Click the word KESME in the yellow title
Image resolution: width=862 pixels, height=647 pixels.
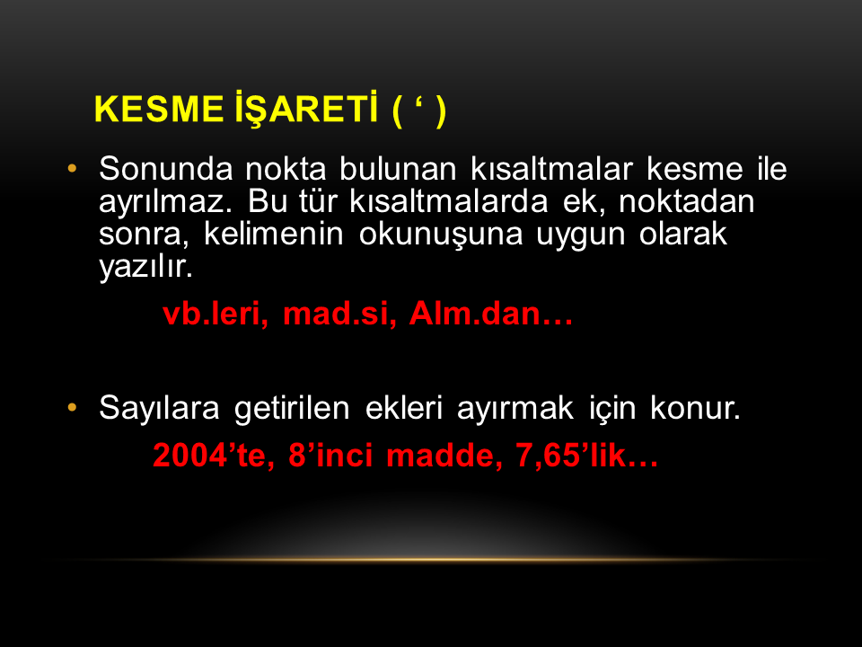tap(159, 109)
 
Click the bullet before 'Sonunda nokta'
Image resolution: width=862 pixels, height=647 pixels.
tap(72, 168)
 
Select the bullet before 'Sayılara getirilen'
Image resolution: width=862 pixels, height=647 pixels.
tap(72, 408)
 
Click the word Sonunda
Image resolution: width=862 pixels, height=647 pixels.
tap(165, 168)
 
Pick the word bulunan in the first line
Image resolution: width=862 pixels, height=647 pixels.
tap(398, 168)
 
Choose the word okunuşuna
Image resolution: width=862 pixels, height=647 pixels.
tap(440, 235)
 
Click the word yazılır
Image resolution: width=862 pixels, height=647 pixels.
tap(146, 267)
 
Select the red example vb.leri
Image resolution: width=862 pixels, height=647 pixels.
tap(215, 314)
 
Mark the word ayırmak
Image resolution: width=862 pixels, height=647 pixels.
tap(515, 409)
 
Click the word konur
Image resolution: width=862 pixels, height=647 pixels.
tap(695, 408)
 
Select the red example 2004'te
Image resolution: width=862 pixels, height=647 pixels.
tap(214, 456)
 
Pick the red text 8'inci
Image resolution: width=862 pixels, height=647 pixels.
tap(331, 456)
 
